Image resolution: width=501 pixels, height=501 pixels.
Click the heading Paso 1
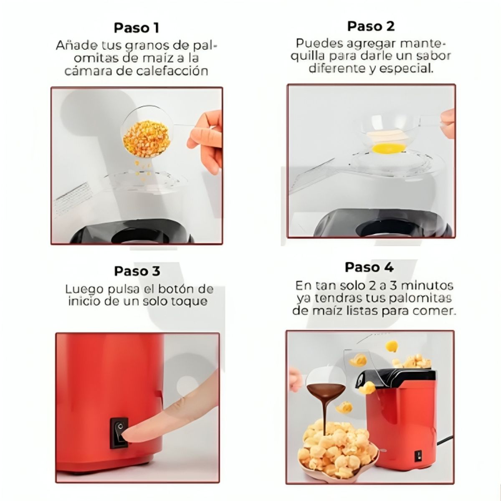(137, 28)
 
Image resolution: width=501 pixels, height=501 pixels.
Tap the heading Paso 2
(371, 26)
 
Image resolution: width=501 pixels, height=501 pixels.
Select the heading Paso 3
(137, 271)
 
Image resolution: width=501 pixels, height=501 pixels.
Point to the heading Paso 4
(369, 267)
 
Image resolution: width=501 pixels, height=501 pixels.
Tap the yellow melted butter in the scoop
(389, 147)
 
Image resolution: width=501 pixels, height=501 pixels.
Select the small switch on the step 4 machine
(418, 456)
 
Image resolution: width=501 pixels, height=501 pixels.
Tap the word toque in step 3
(190, 301)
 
